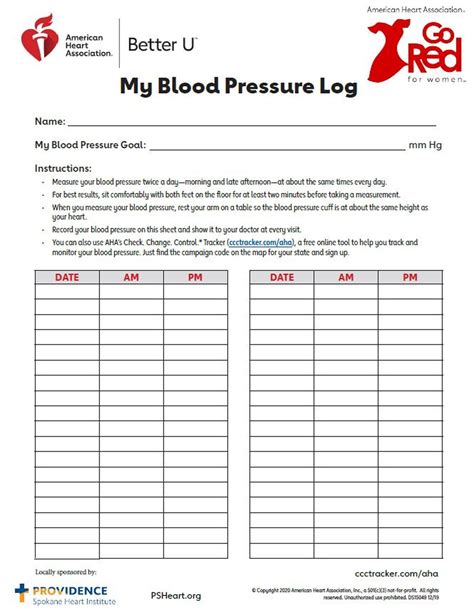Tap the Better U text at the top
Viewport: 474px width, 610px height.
click(x=163, y=44)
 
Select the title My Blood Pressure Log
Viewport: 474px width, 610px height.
click(x=238, y=87)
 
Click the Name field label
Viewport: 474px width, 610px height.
click(x=50, y=121)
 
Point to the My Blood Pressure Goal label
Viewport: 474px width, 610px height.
click(x=90, y=144)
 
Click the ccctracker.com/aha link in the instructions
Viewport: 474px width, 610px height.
click(x=259, y=243)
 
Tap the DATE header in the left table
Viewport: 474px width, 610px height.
click(x=67, y=277)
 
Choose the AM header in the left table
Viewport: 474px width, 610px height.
click(x=131, y=277)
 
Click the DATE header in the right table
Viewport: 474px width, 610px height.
click(x=282, y=277)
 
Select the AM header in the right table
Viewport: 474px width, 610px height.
click(x=346, y=277)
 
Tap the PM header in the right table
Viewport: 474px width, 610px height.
click(x=410, y=277)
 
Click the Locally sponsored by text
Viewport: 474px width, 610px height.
click(x=66, y=572)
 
